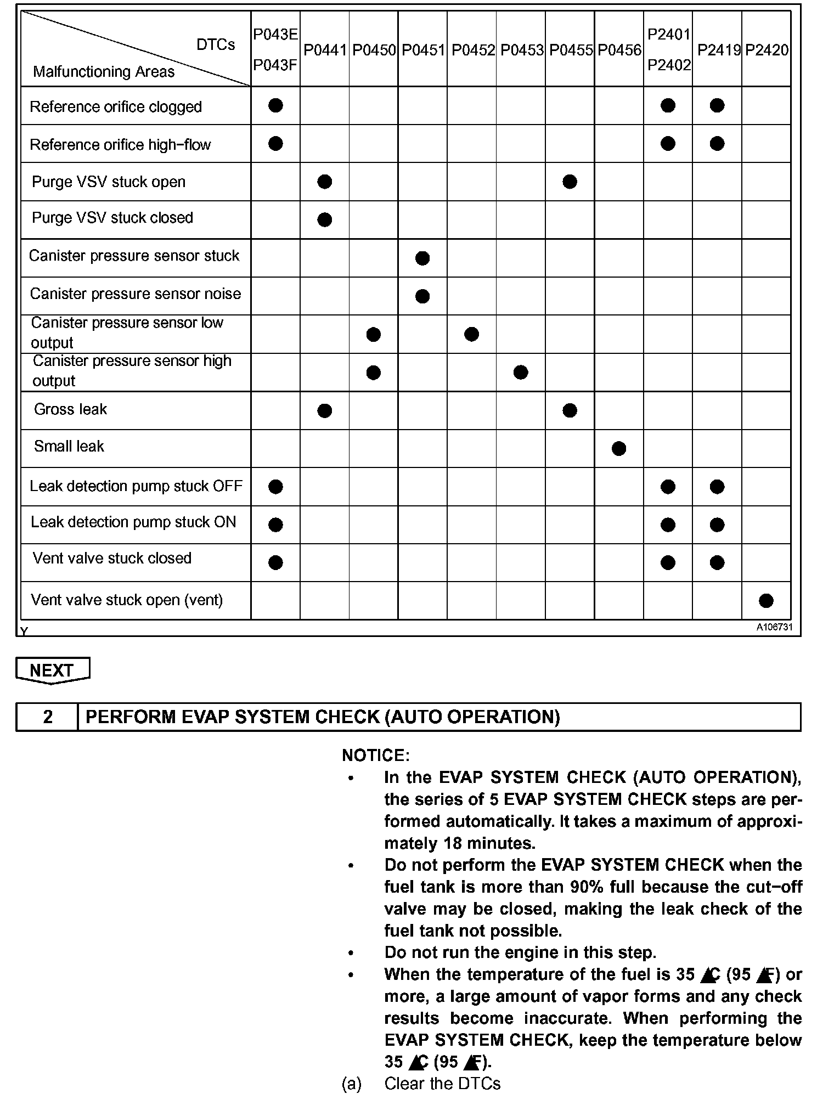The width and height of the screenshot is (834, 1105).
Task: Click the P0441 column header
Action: click(325, 50)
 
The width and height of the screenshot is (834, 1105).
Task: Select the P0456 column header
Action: click(619, 50)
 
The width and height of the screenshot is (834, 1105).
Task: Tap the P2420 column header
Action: click(767, 50)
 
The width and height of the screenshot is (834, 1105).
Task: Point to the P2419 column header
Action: click(718, 50)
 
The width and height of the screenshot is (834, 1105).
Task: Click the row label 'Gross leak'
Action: click(70, 409)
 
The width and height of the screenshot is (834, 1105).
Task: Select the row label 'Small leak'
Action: click(69, 447)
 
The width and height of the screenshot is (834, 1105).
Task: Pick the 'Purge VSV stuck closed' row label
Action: click(112, 218)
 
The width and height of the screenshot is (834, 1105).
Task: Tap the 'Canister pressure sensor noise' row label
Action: click(136, 294)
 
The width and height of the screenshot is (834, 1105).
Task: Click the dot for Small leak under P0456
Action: click(619, 449)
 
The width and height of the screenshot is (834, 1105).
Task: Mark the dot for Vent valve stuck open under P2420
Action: click(767, 601)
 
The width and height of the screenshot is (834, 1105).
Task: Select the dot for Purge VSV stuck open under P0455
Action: click(570, 182)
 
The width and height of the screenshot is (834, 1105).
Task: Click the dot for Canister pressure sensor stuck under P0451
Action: click(422, 258)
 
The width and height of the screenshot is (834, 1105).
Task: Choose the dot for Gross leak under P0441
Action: click(325, 410)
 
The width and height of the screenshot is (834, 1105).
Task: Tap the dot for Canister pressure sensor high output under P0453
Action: click(521, 373)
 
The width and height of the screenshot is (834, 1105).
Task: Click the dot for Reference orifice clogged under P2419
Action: click(717, 105)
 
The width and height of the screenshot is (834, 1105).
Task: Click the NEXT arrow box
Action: click(53, 670)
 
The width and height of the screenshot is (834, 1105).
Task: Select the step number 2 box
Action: click(48, 717)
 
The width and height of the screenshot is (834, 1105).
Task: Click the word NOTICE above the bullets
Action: click(375, 756)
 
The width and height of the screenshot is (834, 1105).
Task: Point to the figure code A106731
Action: click(775, 628)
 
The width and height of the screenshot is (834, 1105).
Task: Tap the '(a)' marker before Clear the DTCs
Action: click(352, 1084)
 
